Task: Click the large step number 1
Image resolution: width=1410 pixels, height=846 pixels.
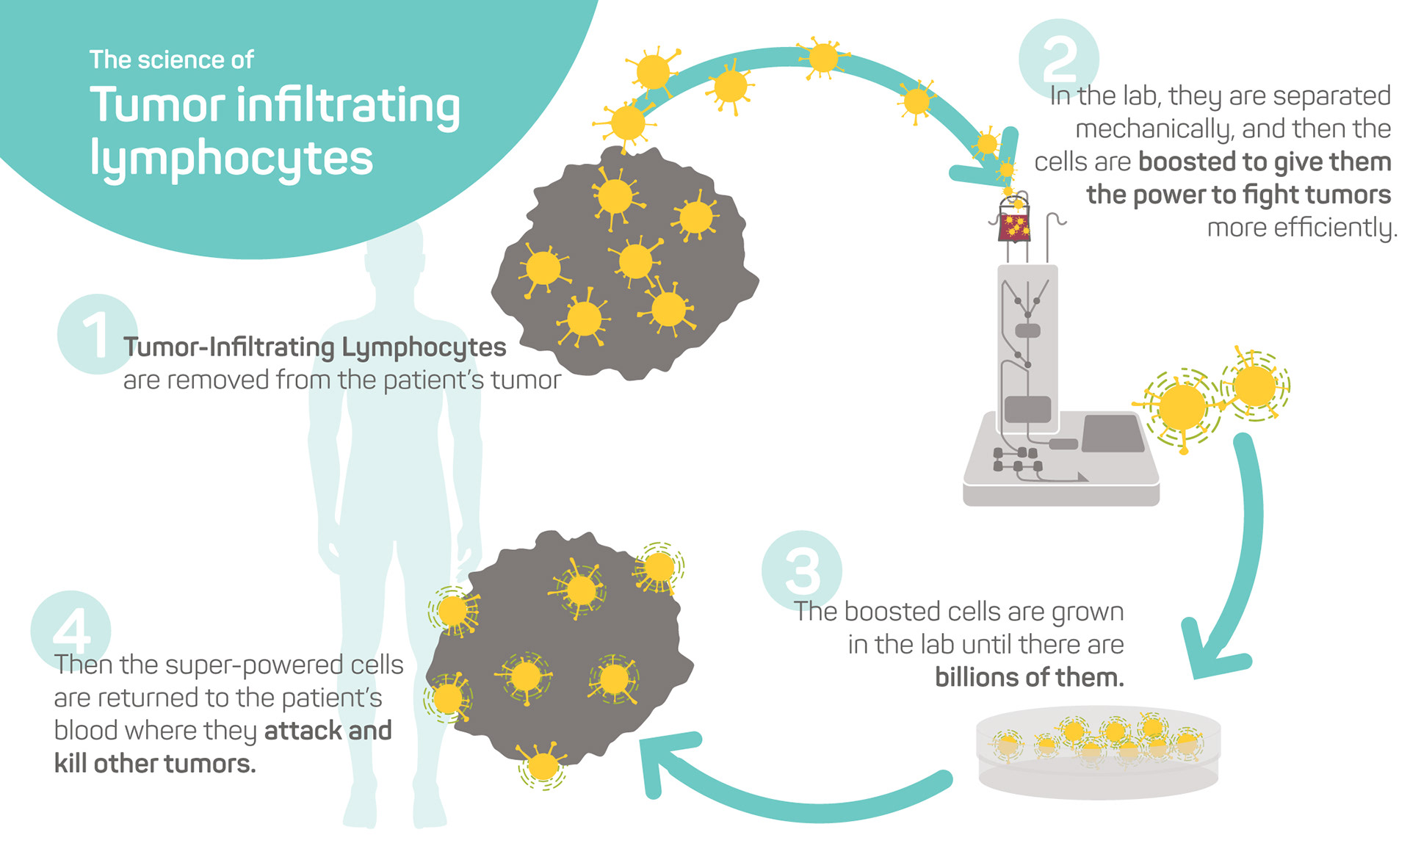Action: (95, 335)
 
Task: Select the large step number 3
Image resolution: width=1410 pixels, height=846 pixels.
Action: (802, 571)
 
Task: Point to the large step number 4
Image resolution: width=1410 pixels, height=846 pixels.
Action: (71, 630)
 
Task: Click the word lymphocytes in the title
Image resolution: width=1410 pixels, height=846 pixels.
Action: (231, 158)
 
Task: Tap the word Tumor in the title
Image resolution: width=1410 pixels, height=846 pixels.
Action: (157, 105)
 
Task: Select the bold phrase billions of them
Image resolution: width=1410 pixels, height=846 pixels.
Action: (1029, 677)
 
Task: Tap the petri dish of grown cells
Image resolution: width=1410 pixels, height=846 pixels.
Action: (1098, 756)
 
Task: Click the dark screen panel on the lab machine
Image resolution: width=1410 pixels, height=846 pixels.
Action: (1113, 433)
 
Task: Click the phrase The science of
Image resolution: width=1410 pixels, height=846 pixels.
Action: (171, 59)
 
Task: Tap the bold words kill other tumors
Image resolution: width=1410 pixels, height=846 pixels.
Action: (155, 764)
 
